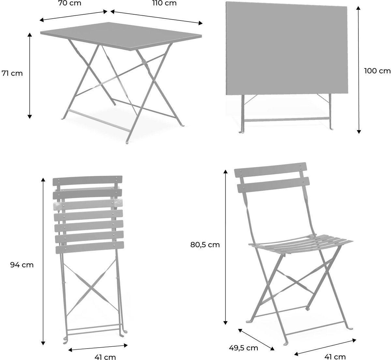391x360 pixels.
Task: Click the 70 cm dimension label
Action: click(70, 3)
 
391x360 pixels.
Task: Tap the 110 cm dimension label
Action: click(165, 3)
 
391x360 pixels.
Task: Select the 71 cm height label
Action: click(12, 73)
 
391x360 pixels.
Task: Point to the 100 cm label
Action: click(377, 71)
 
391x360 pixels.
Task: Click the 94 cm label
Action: click(22, 265)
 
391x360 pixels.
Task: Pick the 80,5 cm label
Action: click(205, 245)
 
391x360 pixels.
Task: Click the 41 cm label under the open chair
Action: click(335, 357)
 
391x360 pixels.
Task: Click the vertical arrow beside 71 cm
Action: click(30, 76)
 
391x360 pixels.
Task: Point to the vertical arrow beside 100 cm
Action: click(358, 70)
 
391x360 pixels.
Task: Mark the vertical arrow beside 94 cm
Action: click(43, 263)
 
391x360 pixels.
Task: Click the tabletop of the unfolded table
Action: click(121, 36)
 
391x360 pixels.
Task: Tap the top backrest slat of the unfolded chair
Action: click(270, 170)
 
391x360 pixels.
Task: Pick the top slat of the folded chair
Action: click(88, 180)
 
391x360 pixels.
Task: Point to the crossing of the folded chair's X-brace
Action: click(90, 288)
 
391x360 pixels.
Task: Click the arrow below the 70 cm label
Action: click(74, 16)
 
